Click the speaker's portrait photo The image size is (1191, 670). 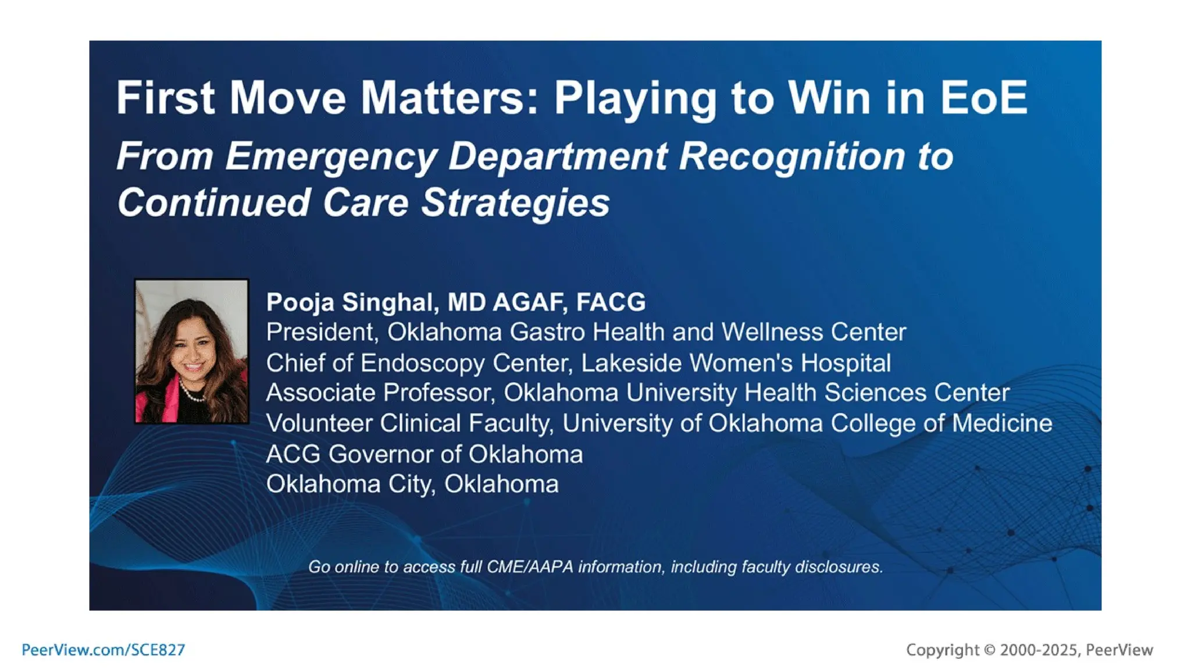[191, 351]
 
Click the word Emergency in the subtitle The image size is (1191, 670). [331, 156]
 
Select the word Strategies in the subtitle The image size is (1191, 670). [515, 203]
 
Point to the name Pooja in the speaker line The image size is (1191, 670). [300, 302]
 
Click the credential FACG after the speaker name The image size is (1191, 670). [611, 302]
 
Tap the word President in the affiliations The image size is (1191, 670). [322, 333]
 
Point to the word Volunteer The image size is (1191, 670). [319, 423]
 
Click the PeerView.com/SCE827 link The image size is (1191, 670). [103, 650]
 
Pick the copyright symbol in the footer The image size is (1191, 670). [989, 650]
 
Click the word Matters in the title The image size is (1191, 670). [443, 98]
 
